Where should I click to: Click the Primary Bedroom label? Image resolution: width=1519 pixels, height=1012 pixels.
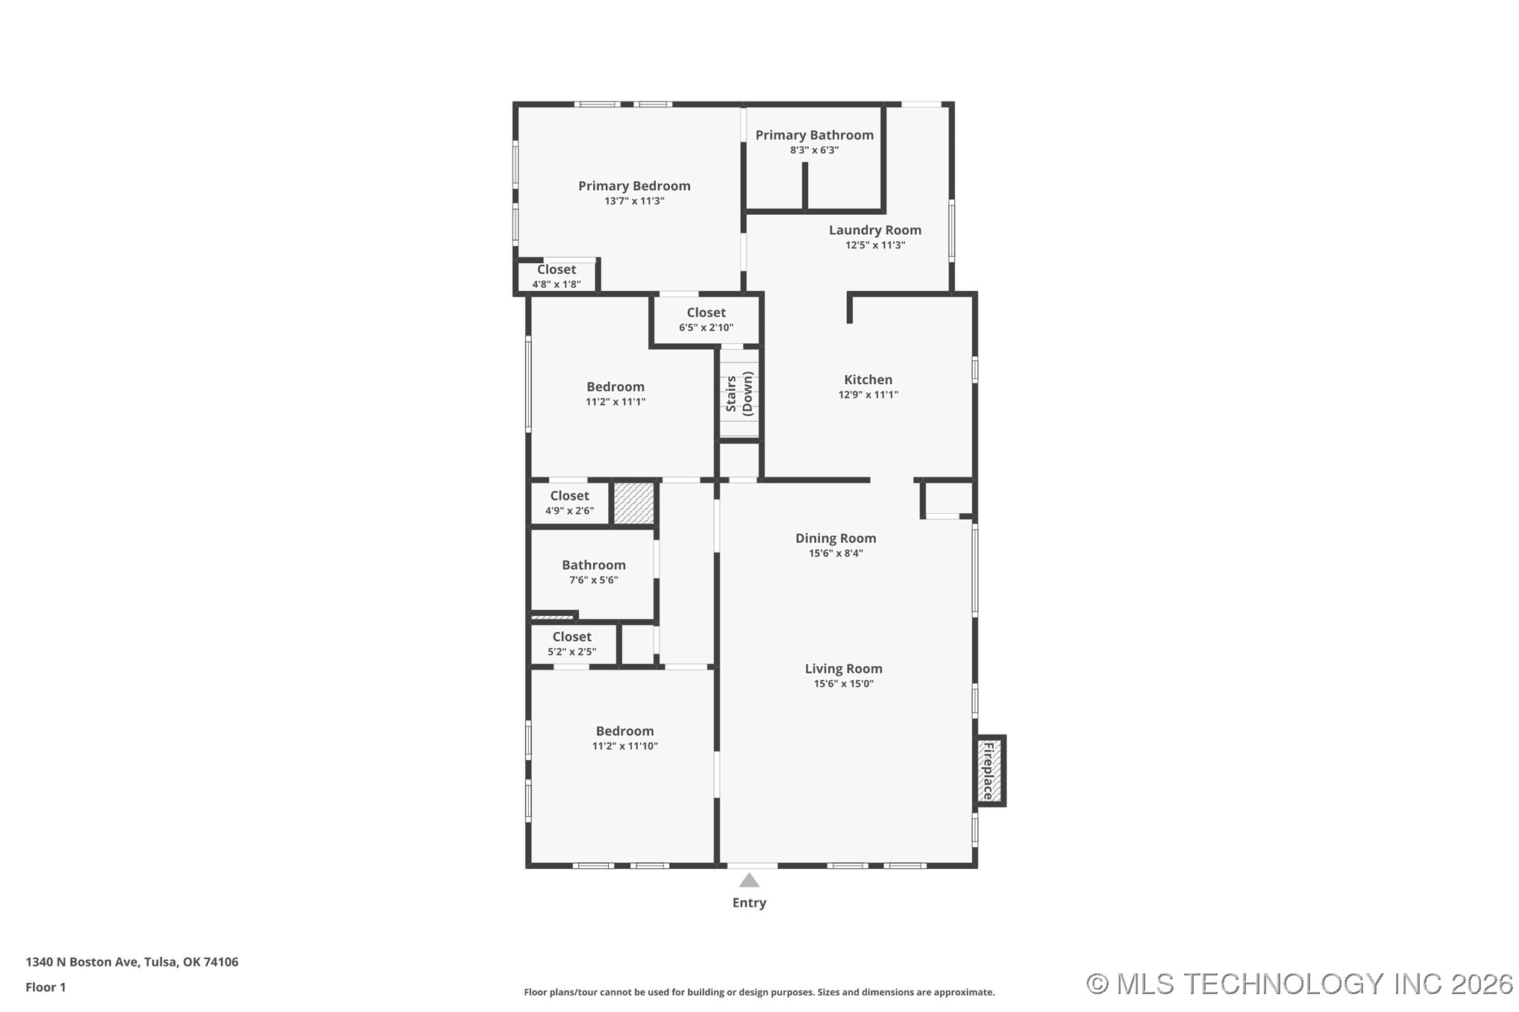click(x=634, y=186)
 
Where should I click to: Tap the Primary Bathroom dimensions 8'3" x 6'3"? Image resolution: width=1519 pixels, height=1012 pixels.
click(x=814, y=150)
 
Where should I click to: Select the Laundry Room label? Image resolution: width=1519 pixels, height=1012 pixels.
click(x=874, y=230)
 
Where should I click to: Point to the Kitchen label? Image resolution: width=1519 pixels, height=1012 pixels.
click(x=868, y=380)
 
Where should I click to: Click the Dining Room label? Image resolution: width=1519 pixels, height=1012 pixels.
click(x=835, y=538)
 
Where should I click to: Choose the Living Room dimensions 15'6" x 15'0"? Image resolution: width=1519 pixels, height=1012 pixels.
click(x=843, y=684)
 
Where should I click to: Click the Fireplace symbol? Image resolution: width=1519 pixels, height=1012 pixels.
click(x=989, y=770)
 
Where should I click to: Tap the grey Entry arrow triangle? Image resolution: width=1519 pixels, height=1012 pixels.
click(x=749, y=881)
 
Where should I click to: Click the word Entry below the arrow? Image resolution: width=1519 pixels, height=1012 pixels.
click(x=749, y=903)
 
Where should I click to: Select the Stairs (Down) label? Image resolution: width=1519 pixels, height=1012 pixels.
click(x=739, y=393)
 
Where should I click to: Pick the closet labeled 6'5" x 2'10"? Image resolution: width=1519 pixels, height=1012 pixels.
click(x=706, y=320)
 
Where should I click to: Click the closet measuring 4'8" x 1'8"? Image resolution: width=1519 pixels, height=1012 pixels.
click(x=556, y=277)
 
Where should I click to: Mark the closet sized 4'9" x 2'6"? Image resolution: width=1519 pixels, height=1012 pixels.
click(x=569, y=503)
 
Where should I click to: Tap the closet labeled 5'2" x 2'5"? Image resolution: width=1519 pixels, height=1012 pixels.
click(x=571, y=644)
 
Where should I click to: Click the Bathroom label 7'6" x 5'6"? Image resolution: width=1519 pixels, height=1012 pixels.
click(x=593, y=572)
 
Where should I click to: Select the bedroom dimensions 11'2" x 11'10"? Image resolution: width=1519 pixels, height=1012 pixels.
click(x=624, y=747)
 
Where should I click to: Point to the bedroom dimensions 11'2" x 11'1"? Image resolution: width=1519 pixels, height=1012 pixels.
click(x=615, y=402)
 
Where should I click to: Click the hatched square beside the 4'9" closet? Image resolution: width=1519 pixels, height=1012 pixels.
click(x=633, y=503)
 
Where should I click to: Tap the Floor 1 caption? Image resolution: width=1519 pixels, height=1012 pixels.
click(x=46, y=987)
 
